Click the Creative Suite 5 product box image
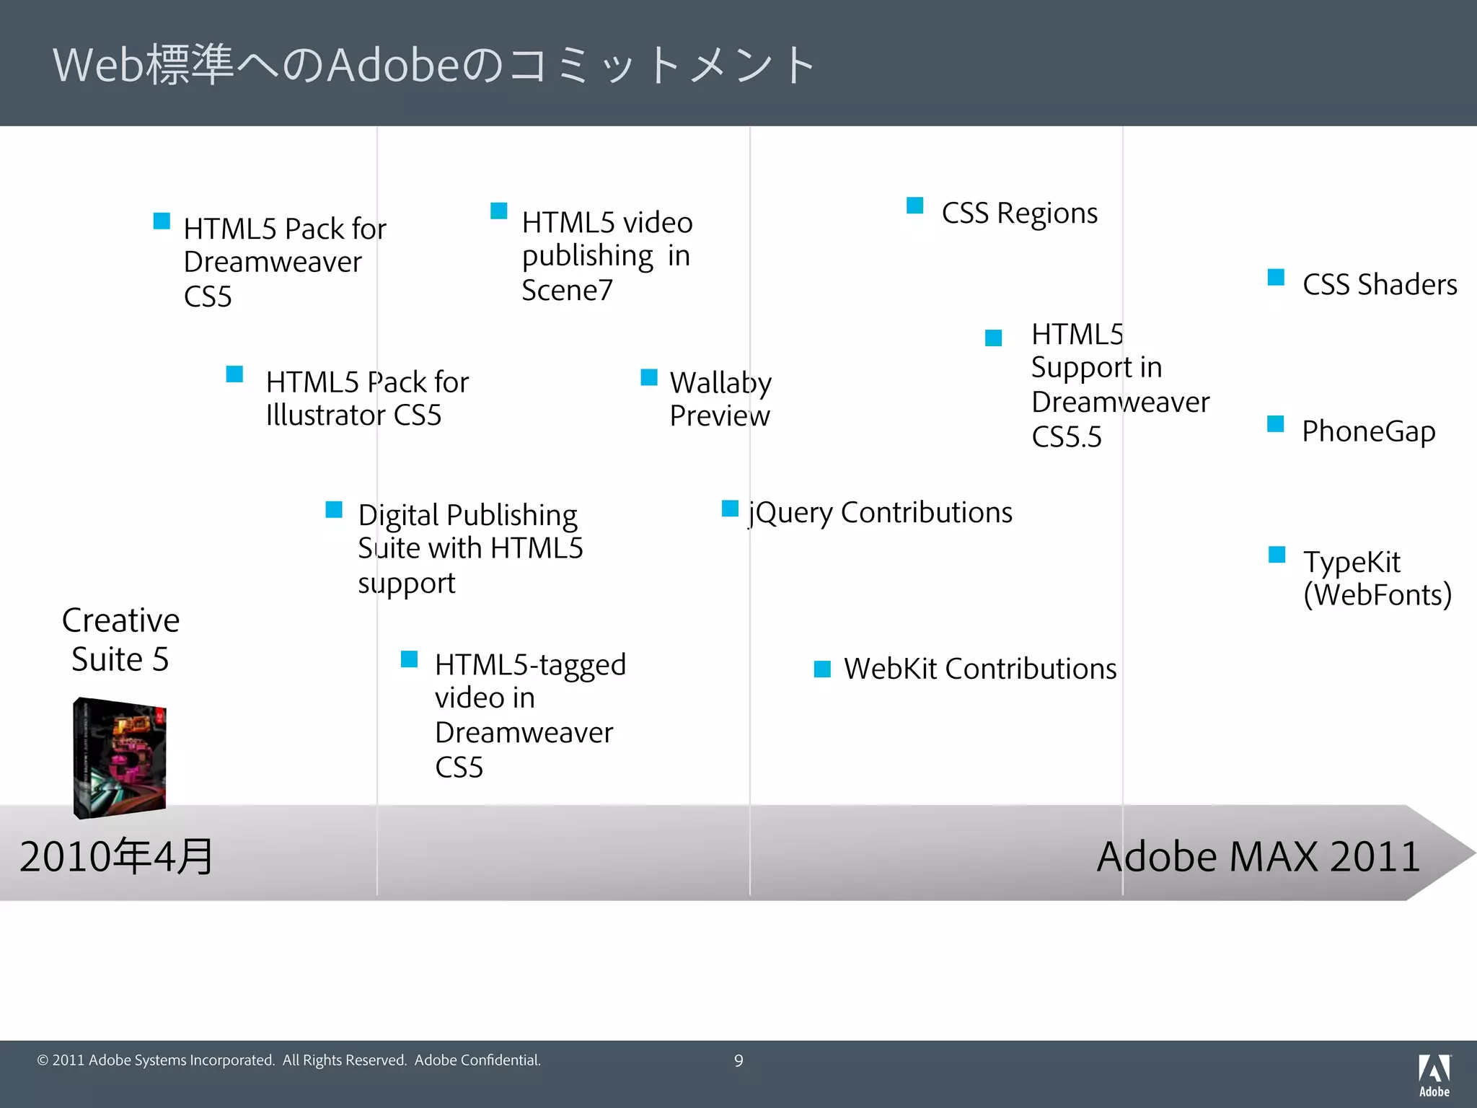120,757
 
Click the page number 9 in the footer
738,1060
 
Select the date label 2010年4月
116,856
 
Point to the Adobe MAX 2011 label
1258,856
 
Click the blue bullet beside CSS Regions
915,206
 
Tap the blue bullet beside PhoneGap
1276,424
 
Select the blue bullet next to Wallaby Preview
649,377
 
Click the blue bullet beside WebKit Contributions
822,669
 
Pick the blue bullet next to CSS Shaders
1276,278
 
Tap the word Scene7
567,290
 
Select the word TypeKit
1352,562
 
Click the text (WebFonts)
1377,595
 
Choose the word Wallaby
720,382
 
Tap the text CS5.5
1067,437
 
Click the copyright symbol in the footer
43,1060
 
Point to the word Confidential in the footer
500,1060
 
